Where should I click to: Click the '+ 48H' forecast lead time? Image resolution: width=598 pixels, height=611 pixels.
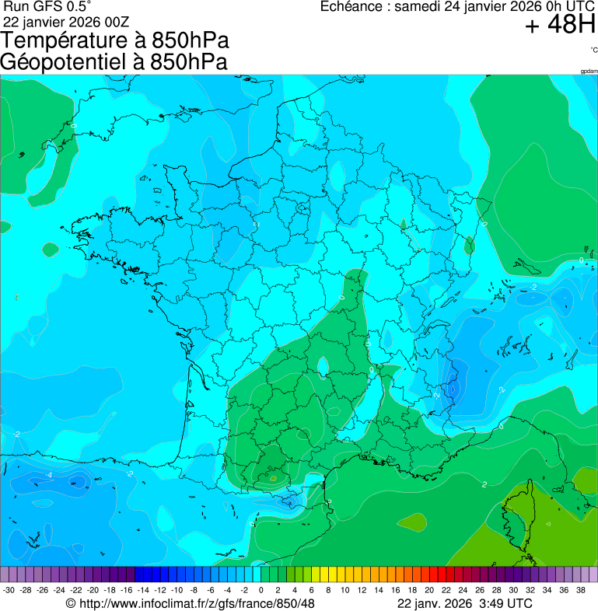(x=560, y=26)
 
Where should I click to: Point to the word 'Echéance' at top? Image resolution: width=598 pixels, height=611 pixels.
(x=355, y=7)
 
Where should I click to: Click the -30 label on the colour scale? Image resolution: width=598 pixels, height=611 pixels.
(x=9, y=590)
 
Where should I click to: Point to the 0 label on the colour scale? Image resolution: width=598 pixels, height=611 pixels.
(x=261, y=590)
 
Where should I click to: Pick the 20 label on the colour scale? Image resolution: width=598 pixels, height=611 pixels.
(x=432, y=590)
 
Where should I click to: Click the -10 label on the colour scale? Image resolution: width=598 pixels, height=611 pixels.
(x=177, y=590)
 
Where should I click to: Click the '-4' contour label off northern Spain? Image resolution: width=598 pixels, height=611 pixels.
(x=49, y=474)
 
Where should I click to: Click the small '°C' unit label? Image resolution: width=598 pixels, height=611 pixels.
(x=593, y=51)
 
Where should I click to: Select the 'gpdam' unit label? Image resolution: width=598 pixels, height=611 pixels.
(x=589, y=72)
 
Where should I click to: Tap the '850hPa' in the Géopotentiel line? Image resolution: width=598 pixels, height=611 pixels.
(x=190, y=62)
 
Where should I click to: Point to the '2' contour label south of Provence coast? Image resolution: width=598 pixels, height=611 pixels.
(x=484, y=484)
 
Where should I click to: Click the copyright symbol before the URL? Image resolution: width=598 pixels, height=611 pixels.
(x=70, y=603)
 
